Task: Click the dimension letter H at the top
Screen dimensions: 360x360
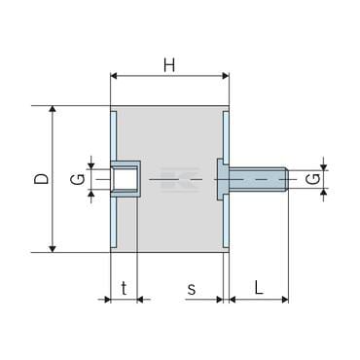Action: tap(169, 65)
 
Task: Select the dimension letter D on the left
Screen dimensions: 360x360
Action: tap(42, 179)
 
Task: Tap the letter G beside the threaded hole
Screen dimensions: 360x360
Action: tap(78, 179)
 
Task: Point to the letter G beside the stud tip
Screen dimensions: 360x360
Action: tap(313, 179)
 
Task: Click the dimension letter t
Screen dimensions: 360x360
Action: tap(124, 288)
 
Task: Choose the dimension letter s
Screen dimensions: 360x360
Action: tap(192, 289)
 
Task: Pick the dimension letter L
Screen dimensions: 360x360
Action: tap(258, 287)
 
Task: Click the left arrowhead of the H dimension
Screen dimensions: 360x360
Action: tap(114, 76)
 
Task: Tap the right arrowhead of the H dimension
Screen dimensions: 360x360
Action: tap(226, 76)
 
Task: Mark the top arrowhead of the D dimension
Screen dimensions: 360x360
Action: tap(53, 109)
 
